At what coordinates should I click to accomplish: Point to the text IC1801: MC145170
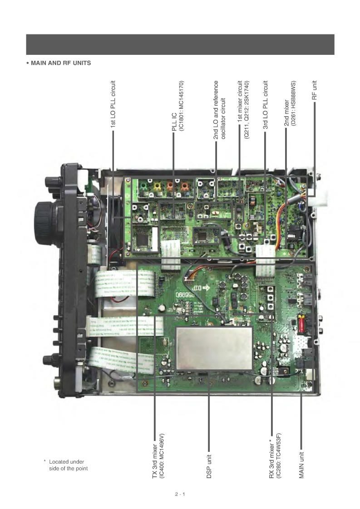pyautogui.click(x=181, y=105)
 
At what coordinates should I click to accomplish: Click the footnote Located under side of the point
pyautogui.click(x=67, y=465)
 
